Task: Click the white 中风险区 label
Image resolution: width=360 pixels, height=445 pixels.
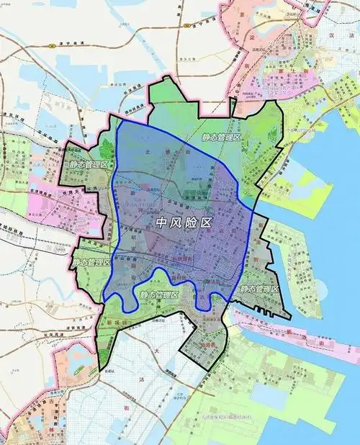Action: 184,223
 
